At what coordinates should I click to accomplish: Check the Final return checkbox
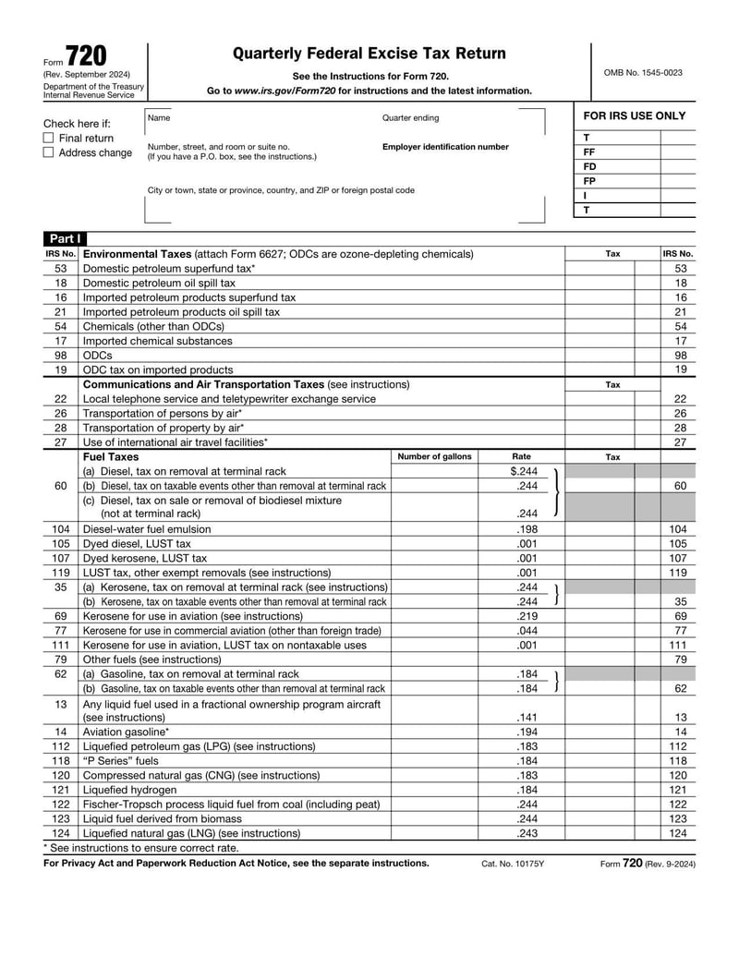click(x=49, y=138)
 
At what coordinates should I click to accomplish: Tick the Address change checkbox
click(x=49, y=152)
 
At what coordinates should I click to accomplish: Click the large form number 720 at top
click(x=85, y=57)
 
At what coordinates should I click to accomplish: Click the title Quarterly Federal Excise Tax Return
click(x=369, y=54)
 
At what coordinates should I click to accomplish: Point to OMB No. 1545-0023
click(x=643, y=72)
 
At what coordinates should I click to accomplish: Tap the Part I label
click(x=64, y=238)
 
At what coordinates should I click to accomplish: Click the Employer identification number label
click(x=445, y=147)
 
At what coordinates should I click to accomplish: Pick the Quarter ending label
click(x=411, y=118)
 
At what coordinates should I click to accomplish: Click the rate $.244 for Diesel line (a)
click(x=524, y=471)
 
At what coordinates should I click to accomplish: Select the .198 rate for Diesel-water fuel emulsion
click(x=527, y=529)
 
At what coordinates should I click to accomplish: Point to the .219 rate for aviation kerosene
click(x=527, y=615)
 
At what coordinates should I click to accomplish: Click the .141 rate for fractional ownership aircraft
click(x=527, y=717)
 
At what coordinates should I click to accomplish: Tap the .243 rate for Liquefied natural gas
click(x=527, y=833)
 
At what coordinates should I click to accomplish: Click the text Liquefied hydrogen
click(x=129, y=790)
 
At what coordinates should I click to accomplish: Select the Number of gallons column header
click(x=434, y=456)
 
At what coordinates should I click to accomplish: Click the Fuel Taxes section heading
click(x=111, y=456)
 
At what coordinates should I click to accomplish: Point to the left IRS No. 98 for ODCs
click(x=60, y=355)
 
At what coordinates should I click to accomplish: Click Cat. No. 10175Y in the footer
click(x=513, y=864)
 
